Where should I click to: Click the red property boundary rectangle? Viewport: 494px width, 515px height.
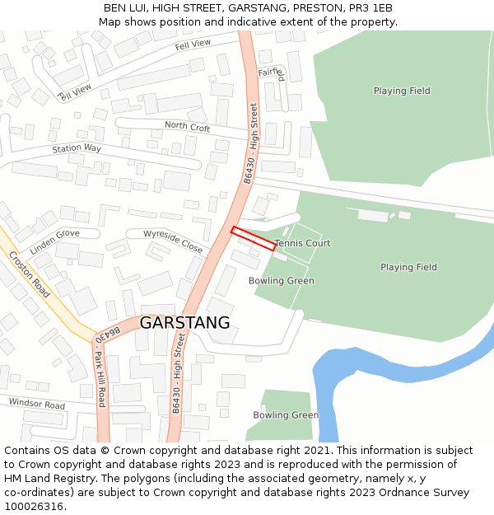253,238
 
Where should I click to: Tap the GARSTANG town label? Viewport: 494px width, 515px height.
184,323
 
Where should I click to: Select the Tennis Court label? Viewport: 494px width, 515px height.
302,244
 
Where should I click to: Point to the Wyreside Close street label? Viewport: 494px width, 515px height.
173,241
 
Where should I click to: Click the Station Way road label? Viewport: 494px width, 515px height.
77,148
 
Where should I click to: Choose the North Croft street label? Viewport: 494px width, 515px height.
188,126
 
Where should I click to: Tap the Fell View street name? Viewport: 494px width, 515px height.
193,44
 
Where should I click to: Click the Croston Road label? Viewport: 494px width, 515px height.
30,274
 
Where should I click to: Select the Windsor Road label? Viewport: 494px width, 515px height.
37,405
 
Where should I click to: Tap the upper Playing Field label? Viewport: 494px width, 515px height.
402,91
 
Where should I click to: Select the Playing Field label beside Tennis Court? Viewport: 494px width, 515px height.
408,267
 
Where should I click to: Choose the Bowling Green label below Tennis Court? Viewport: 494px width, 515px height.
282,281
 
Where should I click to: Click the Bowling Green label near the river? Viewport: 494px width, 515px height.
286,415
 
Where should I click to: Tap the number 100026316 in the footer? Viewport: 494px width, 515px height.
35,506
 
